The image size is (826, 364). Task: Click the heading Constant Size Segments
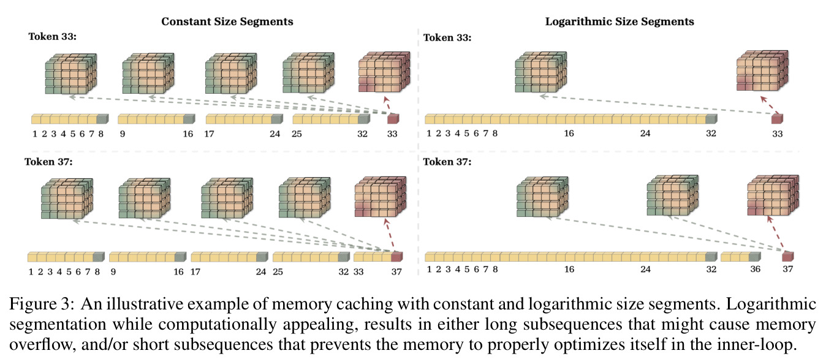coord(227,21)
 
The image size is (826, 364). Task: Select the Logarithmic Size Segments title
coord(619,21)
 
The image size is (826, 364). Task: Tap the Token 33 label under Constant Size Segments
coord(52,37)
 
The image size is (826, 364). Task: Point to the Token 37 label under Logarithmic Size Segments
coord(447,162)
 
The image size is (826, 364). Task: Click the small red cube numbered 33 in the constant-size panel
coord(393,118)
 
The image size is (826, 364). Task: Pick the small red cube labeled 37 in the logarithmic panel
coord(787,256)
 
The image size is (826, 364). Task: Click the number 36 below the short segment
coord(755,269)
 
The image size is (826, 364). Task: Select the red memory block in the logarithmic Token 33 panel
coord(762,70)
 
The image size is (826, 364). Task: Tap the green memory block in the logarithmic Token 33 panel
coord(540,72)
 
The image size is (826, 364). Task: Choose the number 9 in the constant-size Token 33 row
coord(123,134)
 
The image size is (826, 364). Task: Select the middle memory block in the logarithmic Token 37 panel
coord(673,195)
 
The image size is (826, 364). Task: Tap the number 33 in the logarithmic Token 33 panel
coord(778,134)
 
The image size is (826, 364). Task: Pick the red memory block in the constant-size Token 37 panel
coord(380,197)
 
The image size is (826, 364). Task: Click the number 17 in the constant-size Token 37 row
coord(195,272)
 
